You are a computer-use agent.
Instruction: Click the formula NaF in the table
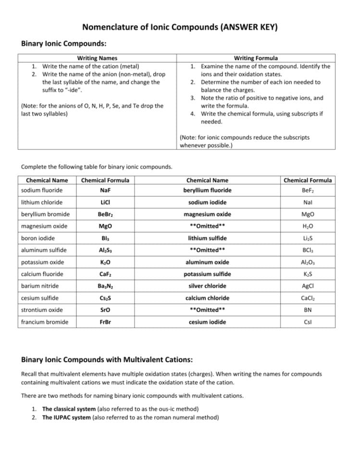click(x=105, y=190)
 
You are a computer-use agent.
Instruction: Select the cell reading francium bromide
click(x=45, y=322)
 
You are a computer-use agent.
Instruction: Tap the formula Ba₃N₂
click(x=105, y=286)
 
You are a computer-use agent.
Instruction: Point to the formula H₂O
click(x=307, y=226)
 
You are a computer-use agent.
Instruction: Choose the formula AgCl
click(x=307, y=286)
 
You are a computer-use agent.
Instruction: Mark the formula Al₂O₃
click(x=307, y=262)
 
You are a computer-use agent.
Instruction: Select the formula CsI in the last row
click(x=307, y=322)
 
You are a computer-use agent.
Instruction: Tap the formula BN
click(x=307, y=310)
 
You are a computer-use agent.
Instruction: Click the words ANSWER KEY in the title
click(x=249, y=27)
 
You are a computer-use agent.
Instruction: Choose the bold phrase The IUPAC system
click(x=66, y=417)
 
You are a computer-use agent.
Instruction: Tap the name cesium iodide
click(x=207, y=322)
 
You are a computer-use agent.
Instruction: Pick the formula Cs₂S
click(x=105, y=298)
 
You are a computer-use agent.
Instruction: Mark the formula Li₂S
click(x=307, y=238)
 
